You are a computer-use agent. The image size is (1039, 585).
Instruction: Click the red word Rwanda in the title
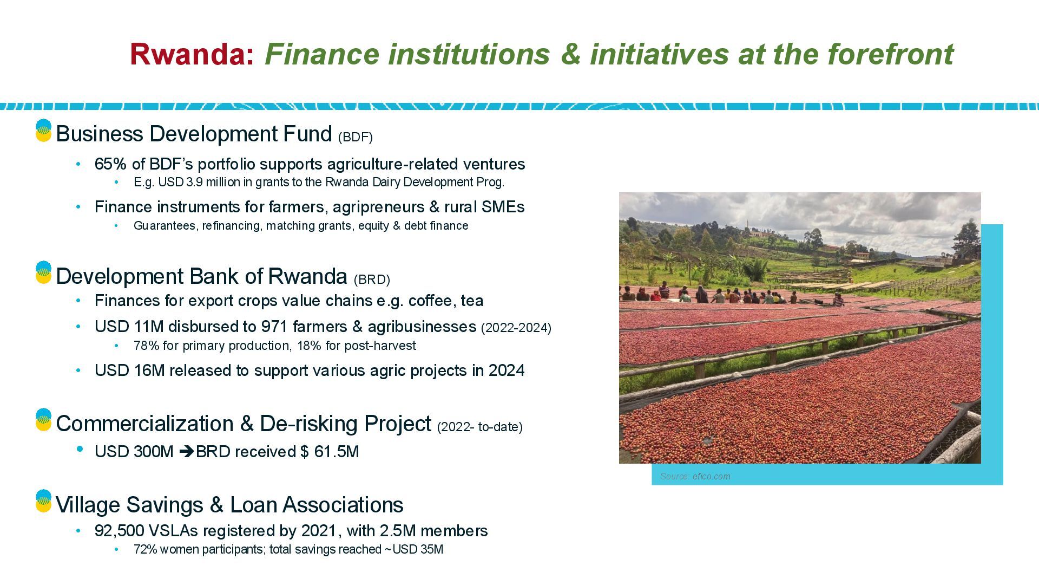coord(188,54)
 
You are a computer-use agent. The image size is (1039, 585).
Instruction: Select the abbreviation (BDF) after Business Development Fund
coord(356,137)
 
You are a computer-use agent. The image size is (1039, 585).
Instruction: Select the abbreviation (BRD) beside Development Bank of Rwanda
coord(372,279)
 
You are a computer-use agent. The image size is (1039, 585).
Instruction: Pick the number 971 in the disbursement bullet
coord(275,327)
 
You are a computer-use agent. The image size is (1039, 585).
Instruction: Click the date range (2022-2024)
coord(516,328)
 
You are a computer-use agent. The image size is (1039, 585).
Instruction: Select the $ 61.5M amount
coord(330,452)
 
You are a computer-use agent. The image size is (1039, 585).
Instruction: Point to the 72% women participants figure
coord(145,549)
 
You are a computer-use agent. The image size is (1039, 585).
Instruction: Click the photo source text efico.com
coord(711,477)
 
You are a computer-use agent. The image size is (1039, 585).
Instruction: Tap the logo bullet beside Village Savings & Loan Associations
coord(43,501)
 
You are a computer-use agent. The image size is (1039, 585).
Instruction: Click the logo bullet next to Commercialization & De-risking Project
coord(43,420)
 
